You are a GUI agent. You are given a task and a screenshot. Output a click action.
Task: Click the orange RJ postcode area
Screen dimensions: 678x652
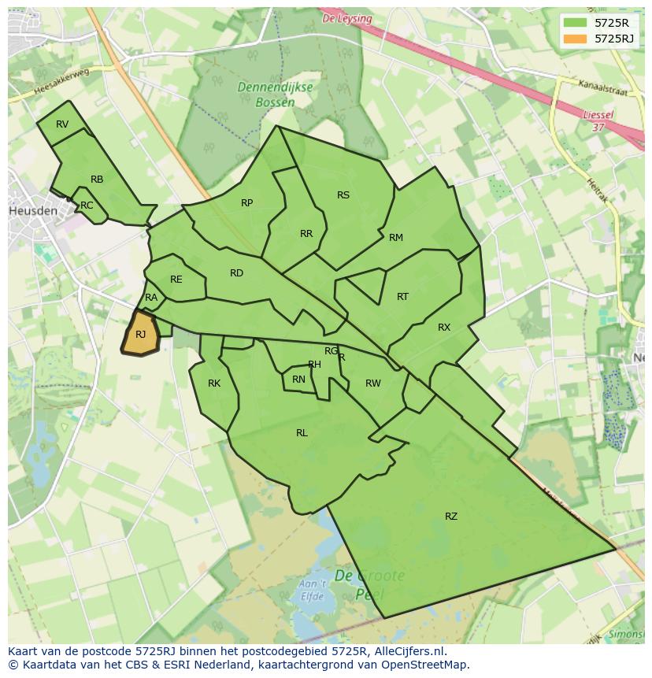coord(140,334)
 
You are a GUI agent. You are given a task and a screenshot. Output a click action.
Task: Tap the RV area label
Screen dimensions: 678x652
coord(62,124)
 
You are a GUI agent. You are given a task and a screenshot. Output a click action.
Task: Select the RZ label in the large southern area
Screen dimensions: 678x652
coord(450,517)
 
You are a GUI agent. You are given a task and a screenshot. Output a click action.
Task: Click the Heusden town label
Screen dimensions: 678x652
coord(32,211)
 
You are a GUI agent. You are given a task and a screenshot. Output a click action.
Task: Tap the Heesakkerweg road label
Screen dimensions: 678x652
coord(63,81)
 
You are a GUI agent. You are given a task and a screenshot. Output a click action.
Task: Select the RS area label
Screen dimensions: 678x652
coord(343,195)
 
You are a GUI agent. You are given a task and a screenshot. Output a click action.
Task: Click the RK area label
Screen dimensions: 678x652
coord(214,383)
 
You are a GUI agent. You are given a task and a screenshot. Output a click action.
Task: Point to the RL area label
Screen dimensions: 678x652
coord(302,433)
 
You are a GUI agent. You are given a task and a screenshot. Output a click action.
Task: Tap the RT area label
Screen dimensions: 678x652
coord(402,297)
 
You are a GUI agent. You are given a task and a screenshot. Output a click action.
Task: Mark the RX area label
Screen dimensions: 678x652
coord(444,328)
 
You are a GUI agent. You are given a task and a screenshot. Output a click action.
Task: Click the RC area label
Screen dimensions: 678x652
coord(87,206)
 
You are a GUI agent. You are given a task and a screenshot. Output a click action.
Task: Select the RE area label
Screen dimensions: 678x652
coord(176,280)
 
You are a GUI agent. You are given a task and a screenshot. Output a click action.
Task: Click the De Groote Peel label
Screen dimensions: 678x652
coord(369,584)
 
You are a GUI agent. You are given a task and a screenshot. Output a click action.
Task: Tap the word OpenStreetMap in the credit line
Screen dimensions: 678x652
coord(428,665)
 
